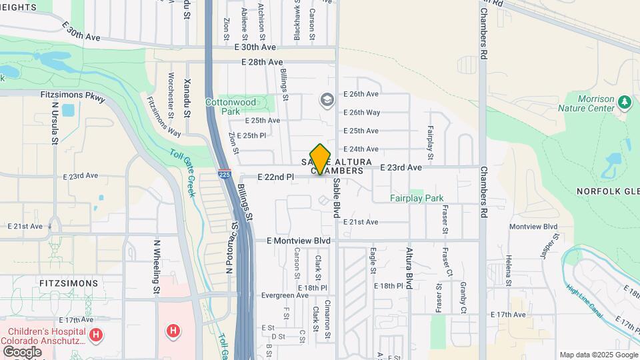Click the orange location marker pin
321,159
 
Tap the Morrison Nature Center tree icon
625,102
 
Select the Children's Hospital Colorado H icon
96,334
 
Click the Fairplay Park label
417,199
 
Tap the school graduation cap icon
327,101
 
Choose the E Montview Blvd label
299,241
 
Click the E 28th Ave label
263,62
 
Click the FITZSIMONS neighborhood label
69,283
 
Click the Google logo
22,351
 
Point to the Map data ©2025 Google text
597,355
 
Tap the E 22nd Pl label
275,177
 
